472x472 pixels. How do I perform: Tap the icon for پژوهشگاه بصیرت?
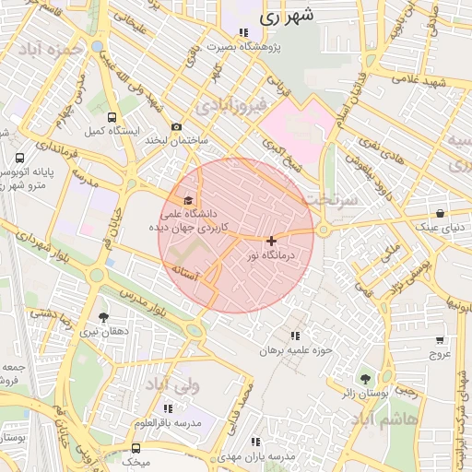[x=242, y=32]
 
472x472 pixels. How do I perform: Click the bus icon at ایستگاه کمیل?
[x=112, y=118]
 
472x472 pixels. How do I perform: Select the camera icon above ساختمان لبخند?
[x=176, y=127]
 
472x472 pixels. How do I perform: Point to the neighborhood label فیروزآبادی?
[x=237, y=106]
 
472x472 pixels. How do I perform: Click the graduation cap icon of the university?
[x=189, y=200]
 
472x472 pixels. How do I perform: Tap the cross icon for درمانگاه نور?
[x=271, y=241]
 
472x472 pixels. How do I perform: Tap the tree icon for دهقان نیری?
[x=102, y=317]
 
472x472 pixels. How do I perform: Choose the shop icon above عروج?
[x=439, y=339]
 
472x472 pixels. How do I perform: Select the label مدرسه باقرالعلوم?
[x=167, y=422]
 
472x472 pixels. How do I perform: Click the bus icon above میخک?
[x=136, y=447]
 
